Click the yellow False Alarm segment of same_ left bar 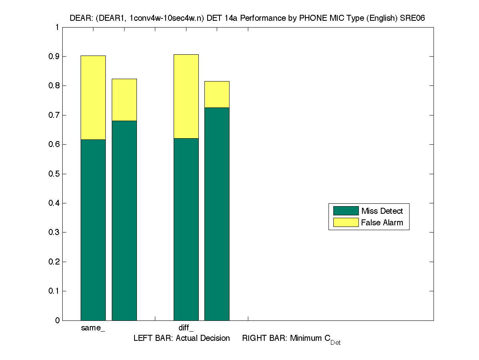click(x=93, y=97)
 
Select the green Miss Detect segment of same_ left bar click(x=93, y=230)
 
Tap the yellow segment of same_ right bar click(x=124, y=99)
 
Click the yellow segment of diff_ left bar click(x=186, y=96)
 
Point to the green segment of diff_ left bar click(x=186, y=229)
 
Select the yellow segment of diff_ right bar click(x=217, y=94)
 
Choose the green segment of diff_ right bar click(x=217, y=214)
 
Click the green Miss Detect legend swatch click(x=346, y=211)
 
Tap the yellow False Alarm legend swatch click(x=346, y=223)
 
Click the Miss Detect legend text click(x=382, y=211)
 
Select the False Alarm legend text click(x=382, y=223)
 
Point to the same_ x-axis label click(x=93, y=328)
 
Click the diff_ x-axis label click(x=186, y=328)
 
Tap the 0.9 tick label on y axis click(x=54, y=57)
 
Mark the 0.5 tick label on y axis click(x=54, y=174)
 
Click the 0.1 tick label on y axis click(x=54, y=291)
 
